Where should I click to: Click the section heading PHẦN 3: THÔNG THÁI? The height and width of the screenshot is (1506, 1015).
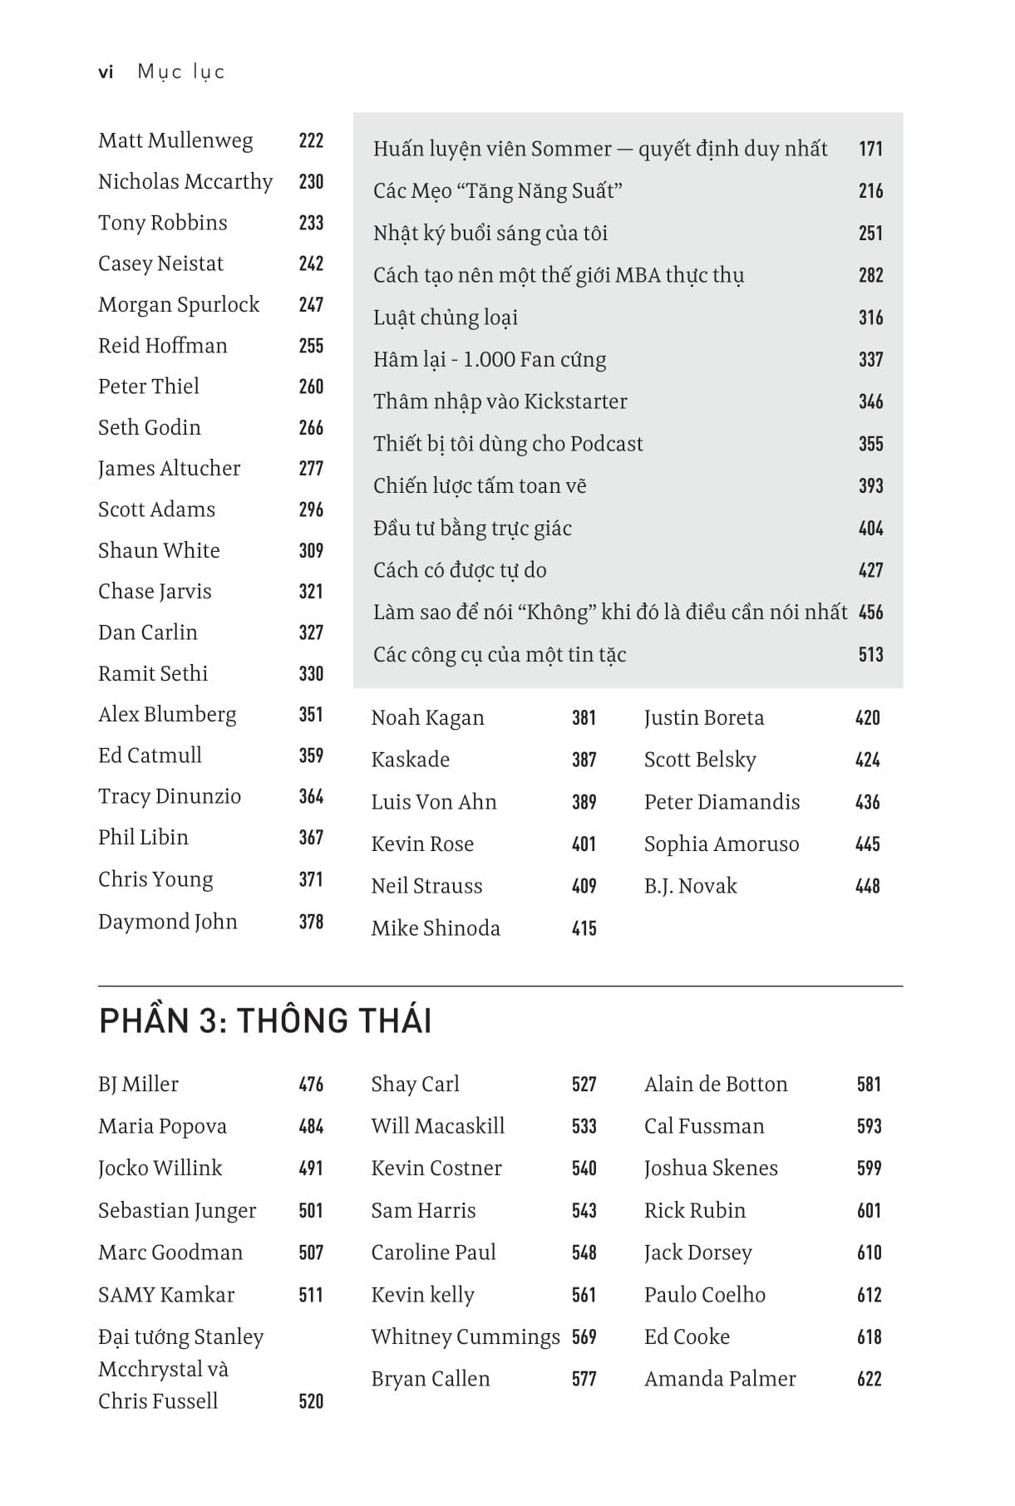coord(265,1021)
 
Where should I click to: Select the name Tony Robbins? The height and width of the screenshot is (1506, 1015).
coord(162,223)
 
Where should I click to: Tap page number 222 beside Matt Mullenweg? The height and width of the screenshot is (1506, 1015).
coord(311,140)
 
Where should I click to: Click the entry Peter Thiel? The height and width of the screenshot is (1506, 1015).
coord(149,386)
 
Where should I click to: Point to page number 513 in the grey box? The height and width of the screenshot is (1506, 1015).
coord(870,655)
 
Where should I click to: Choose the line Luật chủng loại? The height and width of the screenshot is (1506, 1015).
coord(446,317)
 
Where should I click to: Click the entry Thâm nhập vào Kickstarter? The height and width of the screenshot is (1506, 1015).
coord(500,401)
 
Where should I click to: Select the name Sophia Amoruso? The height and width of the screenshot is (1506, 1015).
coord(721,844)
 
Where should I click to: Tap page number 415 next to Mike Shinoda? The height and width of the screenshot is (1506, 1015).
coord(584,928)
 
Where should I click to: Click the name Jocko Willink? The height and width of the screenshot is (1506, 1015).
coord(160,1169)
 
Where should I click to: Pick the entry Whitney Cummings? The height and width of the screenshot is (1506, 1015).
coord(466,1337)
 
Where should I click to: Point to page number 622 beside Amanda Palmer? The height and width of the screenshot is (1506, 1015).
coord(869,1380)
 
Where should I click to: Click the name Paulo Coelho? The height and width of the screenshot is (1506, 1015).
coord(704,1295)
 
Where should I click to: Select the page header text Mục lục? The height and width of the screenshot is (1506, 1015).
coord(181,72)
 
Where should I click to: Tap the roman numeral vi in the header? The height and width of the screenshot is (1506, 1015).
coord(106,72)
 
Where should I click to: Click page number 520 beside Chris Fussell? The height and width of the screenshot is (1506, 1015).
coord(311,1402)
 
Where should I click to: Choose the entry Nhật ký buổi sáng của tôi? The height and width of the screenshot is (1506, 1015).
coord(490,234)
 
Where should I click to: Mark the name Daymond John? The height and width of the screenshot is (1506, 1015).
coord(167,922)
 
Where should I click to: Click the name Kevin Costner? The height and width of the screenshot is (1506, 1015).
coord(436,1169)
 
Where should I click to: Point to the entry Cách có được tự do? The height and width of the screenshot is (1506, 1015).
coord(460,570)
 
